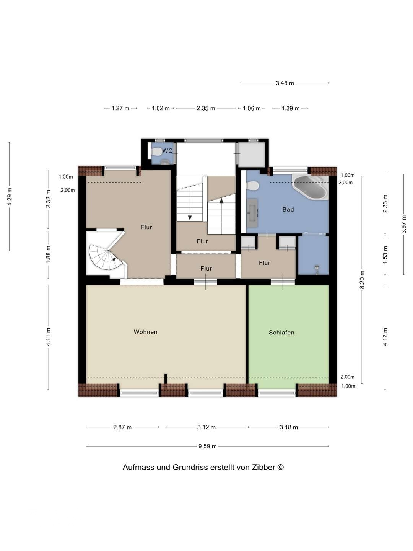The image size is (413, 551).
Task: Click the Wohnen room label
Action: click(x=145, y=332)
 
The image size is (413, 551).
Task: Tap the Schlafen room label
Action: click(x=281, y=333)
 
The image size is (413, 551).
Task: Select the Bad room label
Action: click(x=288, y=210)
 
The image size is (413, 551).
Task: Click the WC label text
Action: click(x=167, y=151)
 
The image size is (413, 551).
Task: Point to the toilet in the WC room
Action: click(x=157, y=152)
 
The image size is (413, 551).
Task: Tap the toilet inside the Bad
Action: click(x=253, y=186)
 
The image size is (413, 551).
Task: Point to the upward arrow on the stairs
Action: click(x=221, y=201)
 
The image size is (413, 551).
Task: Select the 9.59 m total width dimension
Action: click(x=207, y=446)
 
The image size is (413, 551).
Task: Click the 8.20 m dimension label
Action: click(x=363, y=280)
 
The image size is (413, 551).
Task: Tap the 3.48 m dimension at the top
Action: click(x=285, y=83)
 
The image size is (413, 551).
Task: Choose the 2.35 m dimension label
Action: click(x=206, y=108)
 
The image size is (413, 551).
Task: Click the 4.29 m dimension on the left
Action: click(x=10, y=197)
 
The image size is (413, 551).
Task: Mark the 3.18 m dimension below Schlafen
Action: click(x=288, y=427)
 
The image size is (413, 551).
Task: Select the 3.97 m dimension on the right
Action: click(x=404, y=225)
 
